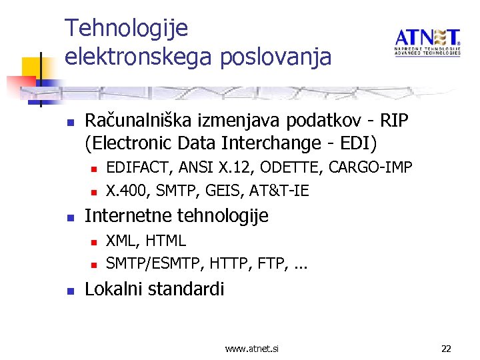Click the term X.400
point(126,191)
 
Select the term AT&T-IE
point(279,191)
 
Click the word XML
point(121,241)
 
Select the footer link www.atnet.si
point(252,349)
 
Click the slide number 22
point(446,349)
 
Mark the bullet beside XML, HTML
point(94,241)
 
